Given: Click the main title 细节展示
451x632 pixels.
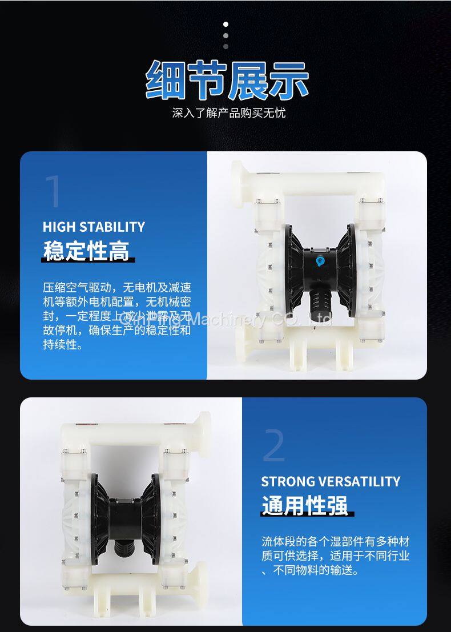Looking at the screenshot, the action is click(x=227, y=80).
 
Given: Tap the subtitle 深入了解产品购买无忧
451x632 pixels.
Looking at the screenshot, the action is click(x=228, y=113).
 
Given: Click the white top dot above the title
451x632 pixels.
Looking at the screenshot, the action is click(x=226, y=25).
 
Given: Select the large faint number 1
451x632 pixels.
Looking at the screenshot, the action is click(x=54, y=191).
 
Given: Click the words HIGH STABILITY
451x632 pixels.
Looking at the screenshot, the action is click(x=94, y=227).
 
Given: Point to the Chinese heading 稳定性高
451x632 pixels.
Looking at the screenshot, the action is click(x=86, y=251).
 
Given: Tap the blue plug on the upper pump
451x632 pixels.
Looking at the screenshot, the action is click(x=320, y=261).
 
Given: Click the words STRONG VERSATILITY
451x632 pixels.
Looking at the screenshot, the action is click(x=331, y=481).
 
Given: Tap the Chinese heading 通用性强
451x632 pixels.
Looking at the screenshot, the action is click(x=305, y=505).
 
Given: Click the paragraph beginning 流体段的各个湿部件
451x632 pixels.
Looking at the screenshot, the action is click(x=335, y=555).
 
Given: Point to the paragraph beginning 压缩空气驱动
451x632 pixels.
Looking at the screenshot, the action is click(x=117, y=316).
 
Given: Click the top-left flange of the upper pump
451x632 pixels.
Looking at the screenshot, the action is click(x=237, y=184).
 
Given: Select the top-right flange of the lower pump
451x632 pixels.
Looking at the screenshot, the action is click(x=202, y=434).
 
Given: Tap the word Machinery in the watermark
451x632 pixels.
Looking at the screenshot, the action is click(x=227, y=319).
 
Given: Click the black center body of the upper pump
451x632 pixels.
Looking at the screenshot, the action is click(x=320, y=268).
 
